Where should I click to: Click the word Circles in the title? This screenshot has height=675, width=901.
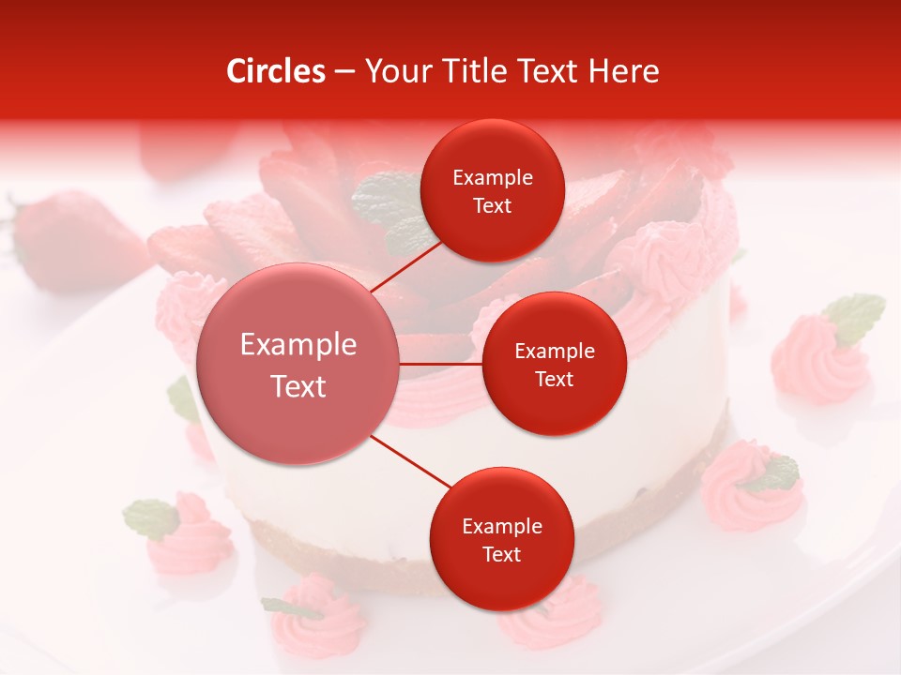pyautogui.click(x=276, y=72)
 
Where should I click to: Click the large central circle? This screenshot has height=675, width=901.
pyautogui.click(x=298, y=365)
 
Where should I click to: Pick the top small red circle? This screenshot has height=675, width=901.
pyautogui.click(x=492, y=190)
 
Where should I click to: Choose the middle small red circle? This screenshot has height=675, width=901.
pyautogui.click(x=554, y=364)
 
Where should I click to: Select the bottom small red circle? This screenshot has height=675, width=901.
pyautogui.click(x=501, y=539)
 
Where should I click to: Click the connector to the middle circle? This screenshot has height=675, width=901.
pyautogui.click(x=441, y=364)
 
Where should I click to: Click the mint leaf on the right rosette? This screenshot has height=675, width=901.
pyautogui.click(x=855, y=316)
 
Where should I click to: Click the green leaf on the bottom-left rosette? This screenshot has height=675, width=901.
pyautogui.click(x=151, y=517)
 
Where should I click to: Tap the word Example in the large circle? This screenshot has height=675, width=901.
pyautogui.click(x=298, y=344)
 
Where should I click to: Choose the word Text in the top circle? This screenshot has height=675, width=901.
pyautogui.click(x=492, y=205)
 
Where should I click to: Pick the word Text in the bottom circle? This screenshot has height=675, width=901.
pyautogui.click(x=501, y=554)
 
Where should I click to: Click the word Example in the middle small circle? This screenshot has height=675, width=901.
pyautogui.click(x=554, y=351)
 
